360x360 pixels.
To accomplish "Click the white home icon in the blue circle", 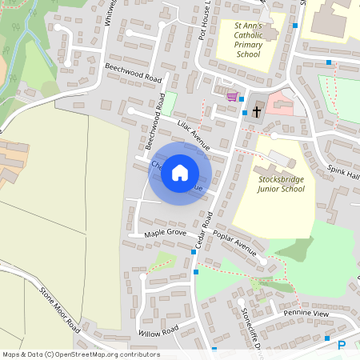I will pyautogui.click(x=180, y=173).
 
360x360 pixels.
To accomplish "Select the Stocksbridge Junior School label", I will pyautogui.click(x=281, y=184).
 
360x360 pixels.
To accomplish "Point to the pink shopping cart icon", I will pyautogui.click(x=232, y=97).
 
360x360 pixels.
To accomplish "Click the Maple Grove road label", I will pyautogui.click(x=165, y=233).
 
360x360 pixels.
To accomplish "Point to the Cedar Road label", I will pyautogui.click(x=206, y=229).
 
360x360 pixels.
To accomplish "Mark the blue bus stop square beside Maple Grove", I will pyautogui.click(x=194, y=252).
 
